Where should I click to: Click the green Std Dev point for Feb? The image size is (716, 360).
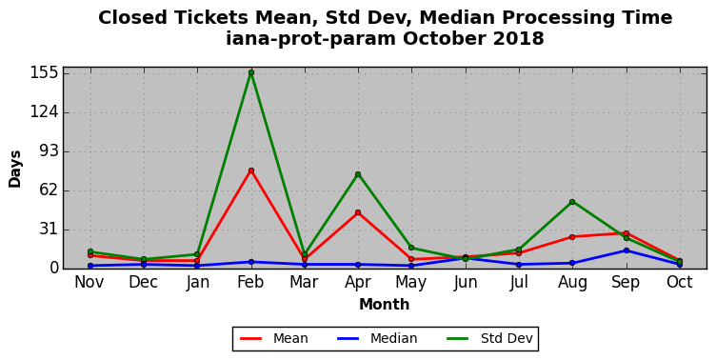(251, 72)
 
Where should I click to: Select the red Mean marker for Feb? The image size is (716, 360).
(251, 170)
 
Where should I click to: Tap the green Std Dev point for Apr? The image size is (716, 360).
(358, 174)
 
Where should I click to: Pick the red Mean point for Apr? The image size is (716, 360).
(358, 212)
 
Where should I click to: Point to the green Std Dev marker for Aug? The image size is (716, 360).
(572, 202)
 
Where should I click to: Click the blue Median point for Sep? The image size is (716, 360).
(626, 250)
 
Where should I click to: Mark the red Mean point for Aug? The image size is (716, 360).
(572, 236)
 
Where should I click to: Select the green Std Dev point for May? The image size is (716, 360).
(411, 248)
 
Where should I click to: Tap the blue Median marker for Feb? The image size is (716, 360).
(251, 262)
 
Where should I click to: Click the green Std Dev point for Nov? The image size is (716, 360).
(90, 251)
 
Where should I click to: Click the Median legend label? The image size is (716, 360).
(393, 338)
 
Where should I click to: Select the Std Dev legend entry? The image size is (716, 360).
(507, 338)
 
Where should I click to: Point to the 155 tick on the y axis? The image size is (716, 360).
(45, 72)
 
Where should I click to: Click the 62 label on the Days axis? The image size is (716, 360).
(50, 190)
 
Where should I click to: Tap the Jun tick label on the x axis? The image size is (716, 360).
(466, 282)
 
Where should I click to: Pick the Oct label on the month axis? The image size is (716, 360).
(680, 281)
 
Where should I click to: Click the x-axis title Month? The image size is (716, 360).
(384, 304)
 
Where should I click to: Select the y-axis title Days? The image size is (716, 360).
(14, 169)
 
